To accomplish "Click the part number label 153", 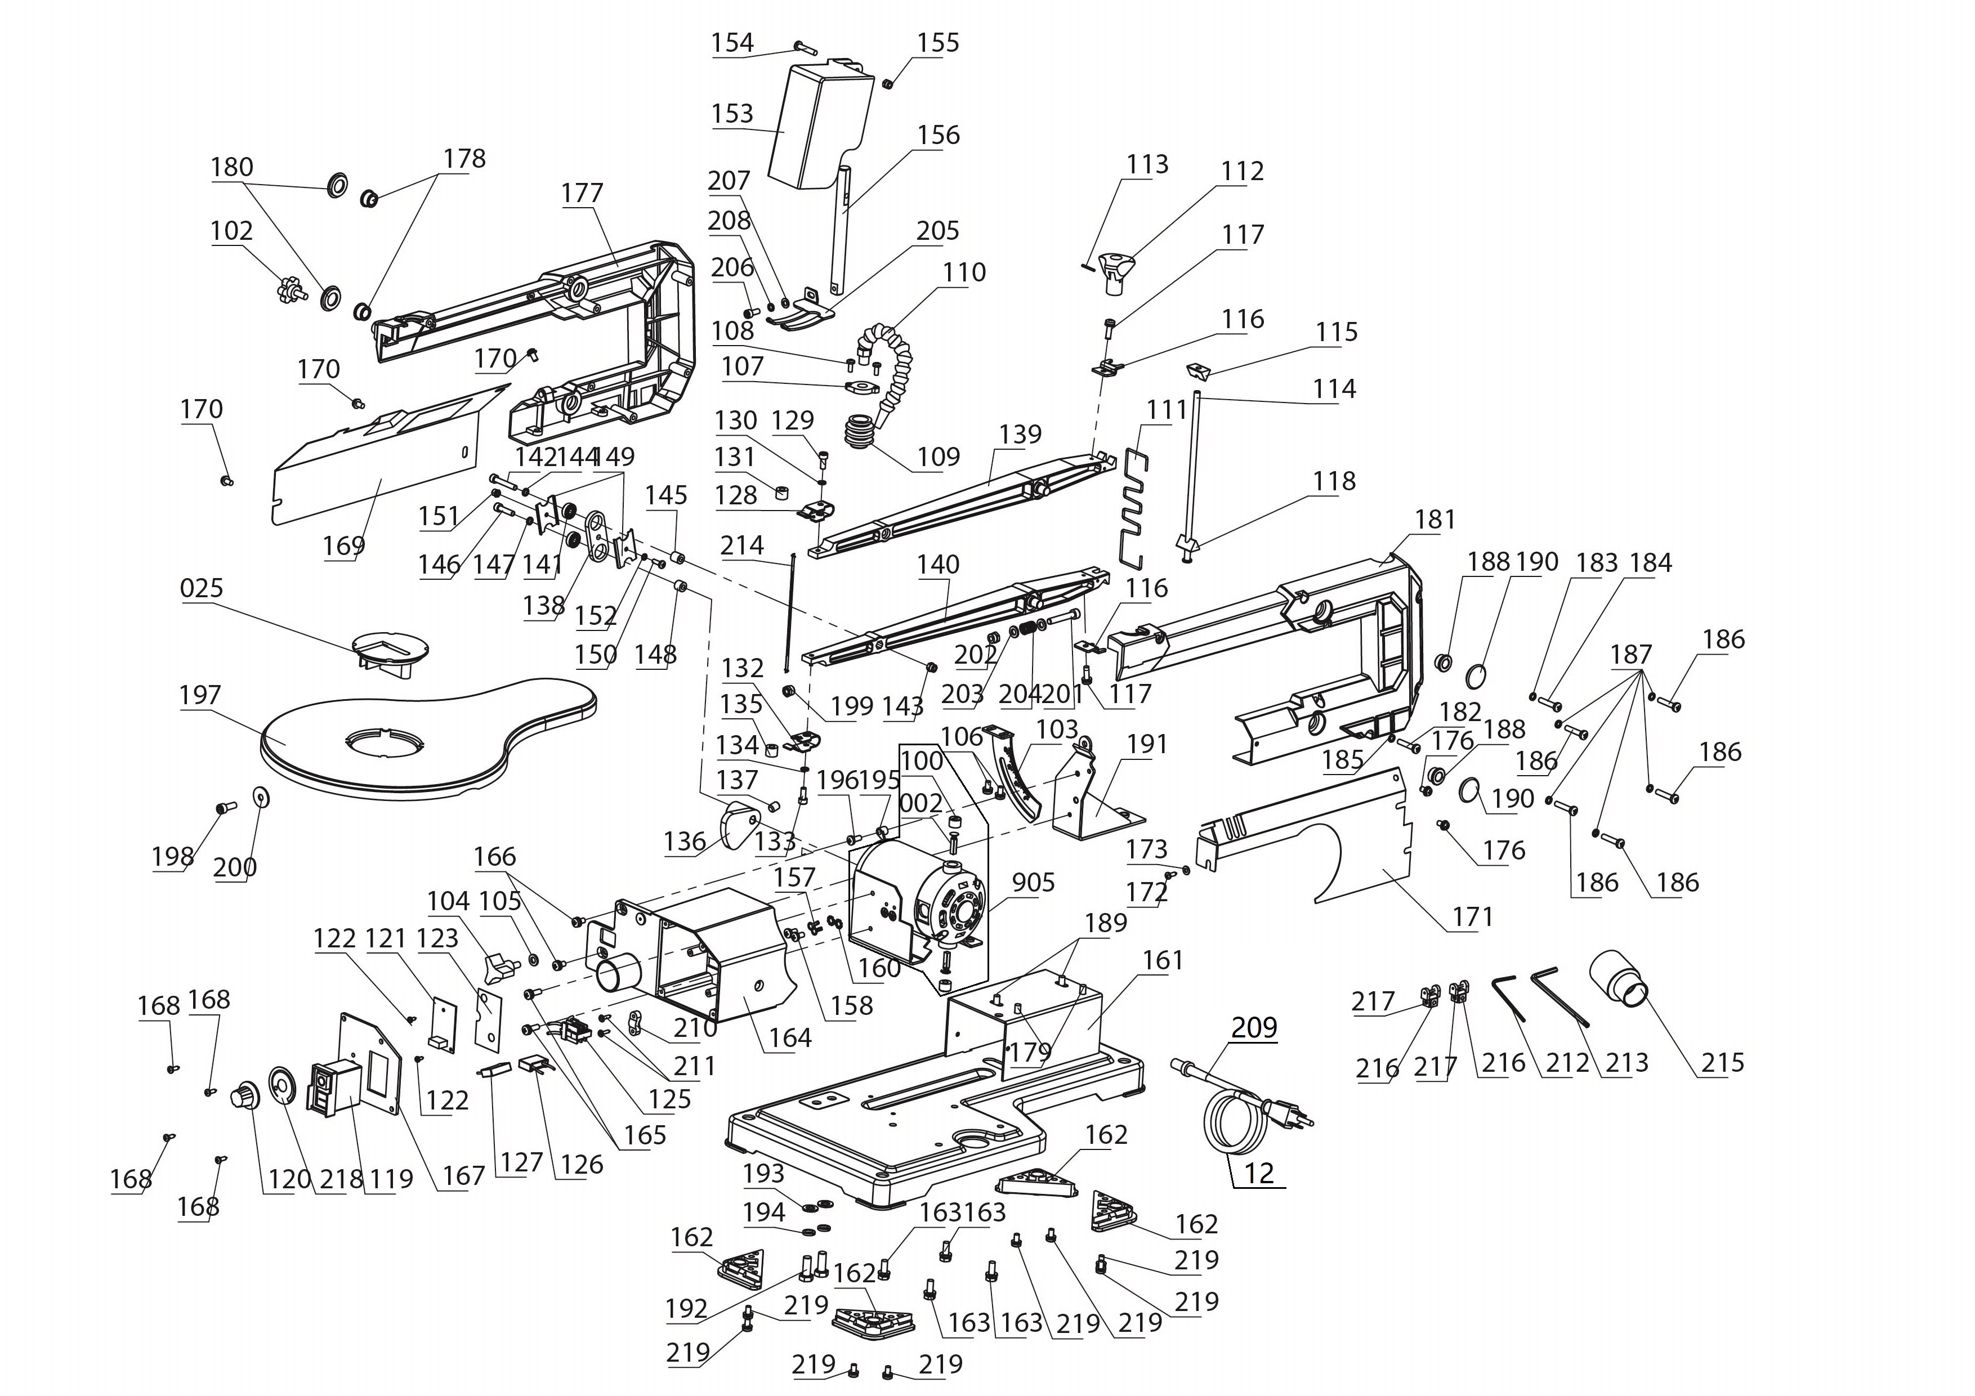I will pyautogui.click(x=732, y=114).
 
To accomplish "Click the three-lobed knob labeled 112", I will pyautogui.click(x=1115, y=270).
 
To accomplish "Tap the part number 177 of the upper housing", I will pyautogui.click(x=582, y=193).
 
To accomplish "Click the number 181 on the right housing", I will pyautogui.click(x=1435, y=520).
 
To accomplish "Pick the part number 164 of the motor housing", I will pyautogui.click(x=790, y=1037).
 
